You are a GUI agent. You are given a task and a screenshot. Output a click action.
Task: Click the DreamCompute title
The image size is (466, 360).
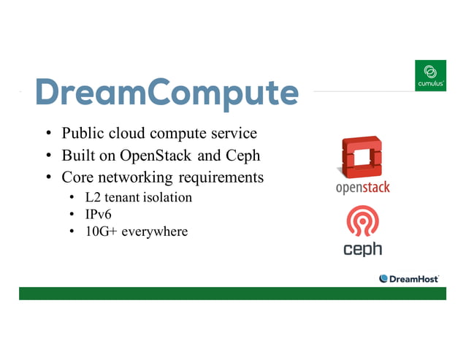point(167,93)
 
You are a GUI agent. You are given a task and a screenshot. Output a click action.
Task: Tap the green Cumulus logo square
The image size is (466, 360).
point(430,76)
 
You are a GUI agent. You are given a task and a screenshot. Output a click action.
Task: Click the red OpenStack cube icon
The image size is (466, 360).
point(362,157)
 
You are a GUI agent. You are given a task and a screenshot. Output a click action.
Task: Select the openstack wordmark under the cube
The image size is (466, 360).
point(362,188)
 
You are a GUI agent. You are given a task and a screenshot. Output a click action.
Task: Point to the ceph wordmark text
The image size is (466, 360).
point(362,249)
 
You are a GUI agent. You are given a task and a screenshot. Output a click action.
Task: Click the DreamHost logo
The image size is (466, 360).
point(408,278)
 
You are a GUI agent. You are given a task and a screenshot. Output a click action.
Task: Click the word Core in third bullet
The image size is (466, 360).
point(77,177)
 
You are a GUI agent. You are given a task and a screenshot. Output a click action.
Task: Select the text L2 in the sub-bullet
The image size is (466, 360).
point(91,197)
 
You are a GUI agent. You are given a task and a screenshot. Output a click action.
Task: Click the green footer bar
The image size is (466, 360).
point(232,293)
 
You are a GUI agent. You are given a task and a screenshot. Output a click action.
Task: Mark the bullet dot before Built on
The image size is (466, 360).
point(47,156)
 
